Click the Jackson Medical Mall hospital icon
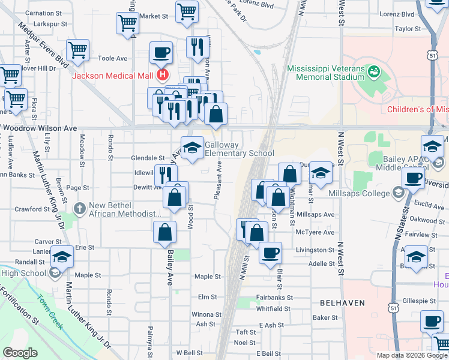click(161, 76)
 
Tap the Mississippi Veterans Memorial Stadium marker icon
click(375, 73)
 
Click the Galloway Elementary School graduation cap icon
click(192, 148)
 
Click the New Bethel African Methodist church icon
click(79, 208)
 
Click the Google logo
click(20, 353)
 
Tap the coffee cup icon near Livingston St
click(270, 252)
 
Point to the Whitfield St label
click(273, 309)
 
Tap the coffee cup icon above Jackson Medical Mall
click(160, 53)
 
